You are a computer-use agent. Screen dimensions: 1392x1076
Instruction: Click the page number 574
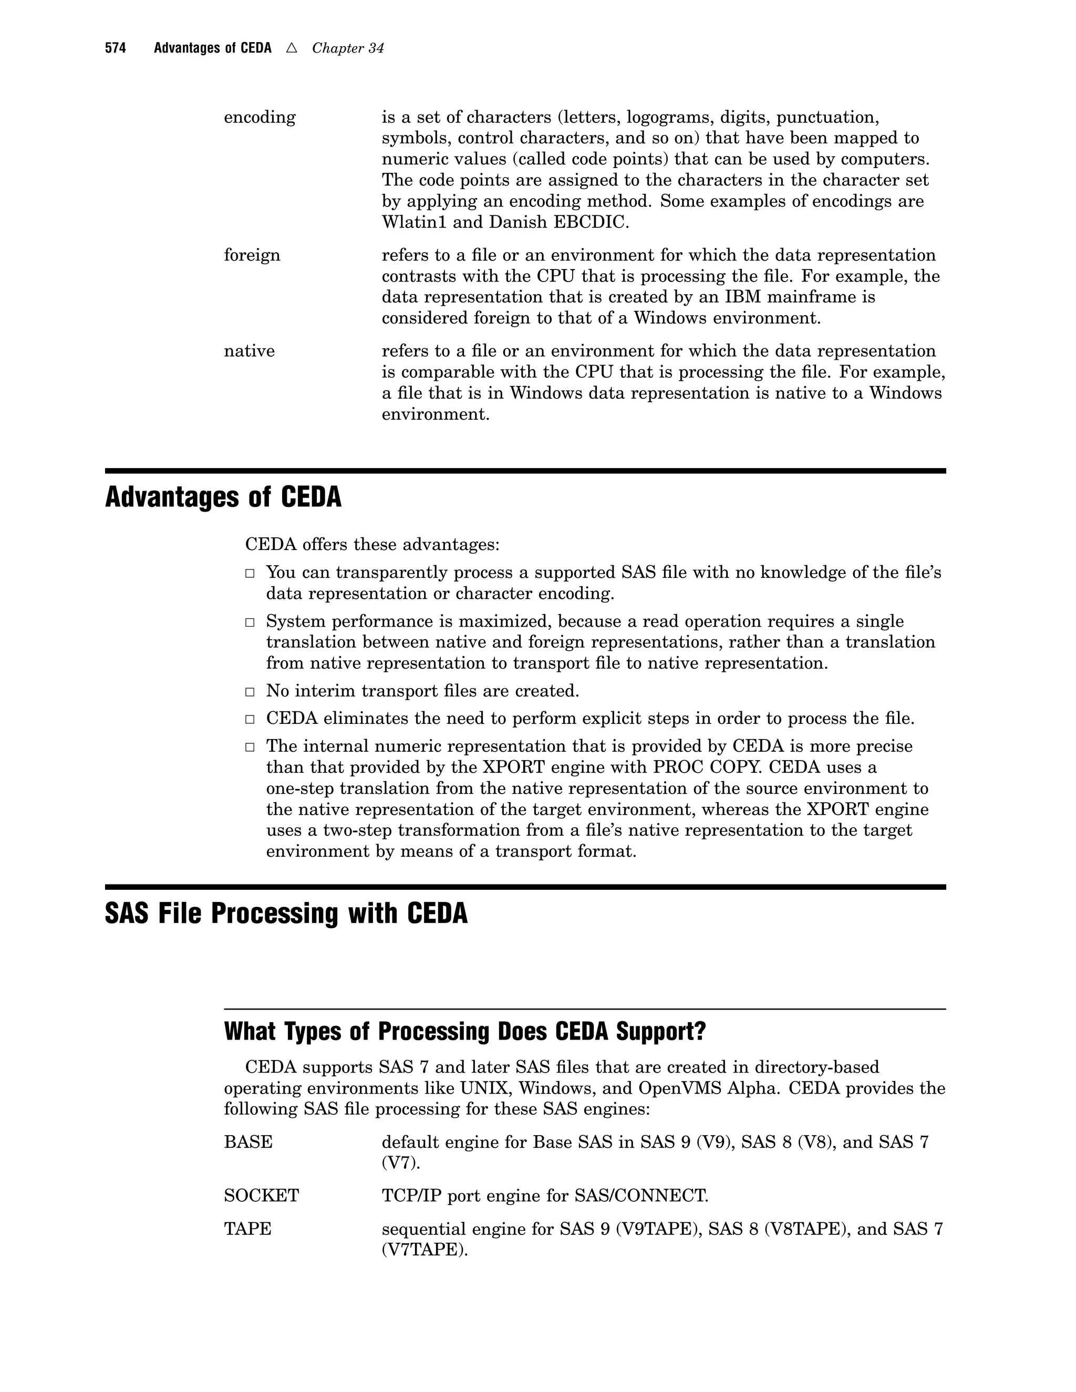(116, 48)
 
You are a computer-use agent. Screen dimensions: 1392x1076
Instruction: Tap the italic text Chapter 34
(347, 48)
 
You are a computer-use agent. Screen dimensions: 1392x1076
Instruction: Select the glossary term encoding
(260, 117)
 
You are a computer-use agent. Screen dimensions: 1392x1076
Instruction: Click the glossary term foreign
(252, 256)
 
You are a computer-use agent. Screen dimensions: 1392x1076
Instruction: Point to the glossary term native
(249, 351)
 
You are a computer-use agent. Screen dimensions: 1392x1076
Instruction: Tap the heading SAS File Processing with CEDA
(286, 913)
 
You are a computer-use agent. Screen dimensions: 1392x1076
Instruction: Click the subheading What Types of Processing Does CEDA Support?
(465, 1031)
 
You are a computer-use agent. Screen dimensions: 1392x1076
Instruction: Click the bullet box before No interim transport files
(251, 692)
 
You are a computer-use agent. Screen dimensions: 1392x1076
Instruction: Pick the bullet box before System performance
(251, 622)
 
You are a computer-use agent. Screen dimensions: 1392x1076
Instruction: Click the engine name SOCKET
(261, 1196)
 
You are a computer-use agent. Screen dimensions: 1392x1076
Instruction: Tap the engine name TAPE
(247, 1229)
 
